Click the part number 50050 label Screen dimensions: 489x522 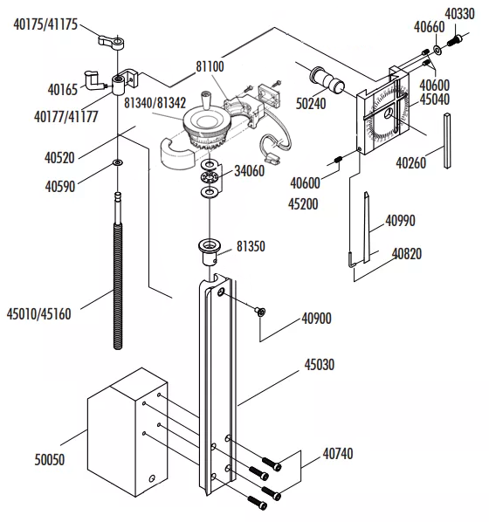pos(50,460)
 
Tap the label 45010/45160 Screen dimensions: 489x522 pos(39,314)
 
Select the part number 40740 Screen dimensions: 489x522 pos(338,453)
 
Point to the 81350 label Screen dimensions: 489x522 pos(251,246)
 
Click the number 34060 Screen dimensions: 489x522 pos(250,171)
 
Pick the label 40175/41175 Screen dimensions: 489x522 pos(45,24)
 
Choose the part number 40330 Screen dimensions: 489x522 pos(459,14)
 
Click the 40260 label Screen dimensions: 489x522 pos(410,162)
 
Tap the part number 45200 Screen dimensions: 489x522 pos(303,203)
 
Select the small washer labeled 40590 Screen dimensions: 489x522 pos(118,162)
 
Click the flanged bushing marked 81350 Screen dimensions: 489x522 pos(210,252)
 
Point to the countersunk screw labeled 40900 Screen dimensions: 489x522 pos(260,312)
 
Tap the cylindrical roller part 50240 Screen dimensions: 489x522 pos(327,80)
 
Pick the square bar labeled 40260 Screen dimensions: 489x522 pos(447,141)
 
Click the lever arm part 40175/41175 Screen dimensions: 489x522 pos(112,42)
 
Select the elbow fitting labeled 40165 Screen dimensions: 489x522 pos(93,80)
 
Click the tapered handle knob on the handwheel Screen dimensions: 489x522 pos(205,100)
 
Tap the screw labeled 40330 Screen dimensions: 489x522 pos(454,40)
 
